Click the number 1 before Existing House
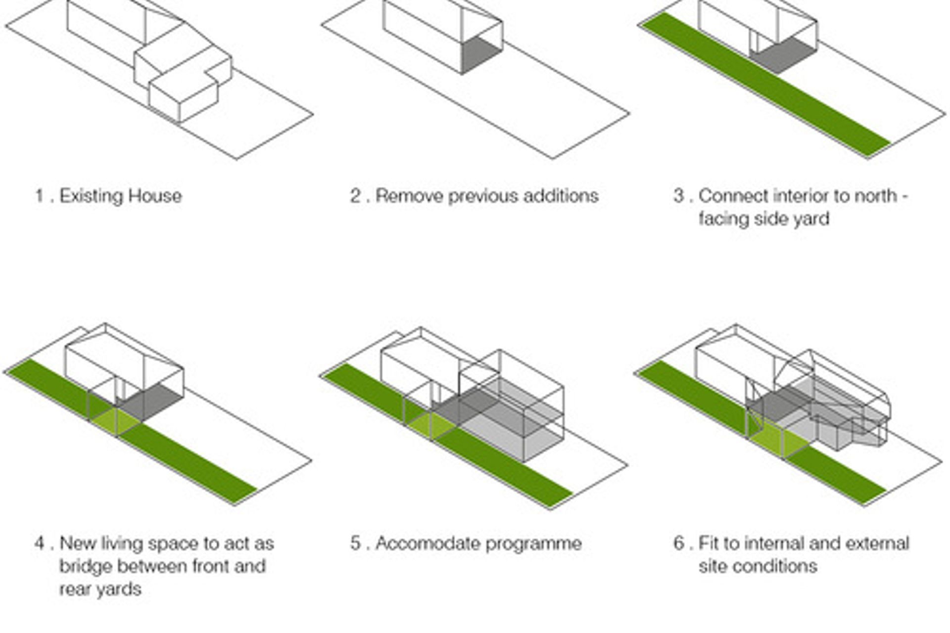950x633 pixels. click(x=39, y=196)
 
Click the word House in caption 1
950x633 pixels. click(x=155, y=196)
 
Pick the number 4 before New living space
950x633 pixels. click(x=40, y=543)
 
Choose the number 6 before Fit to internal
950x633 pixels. click(x=679, y=543)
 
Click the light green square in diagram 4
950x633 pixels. click(x=116, y=421)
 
